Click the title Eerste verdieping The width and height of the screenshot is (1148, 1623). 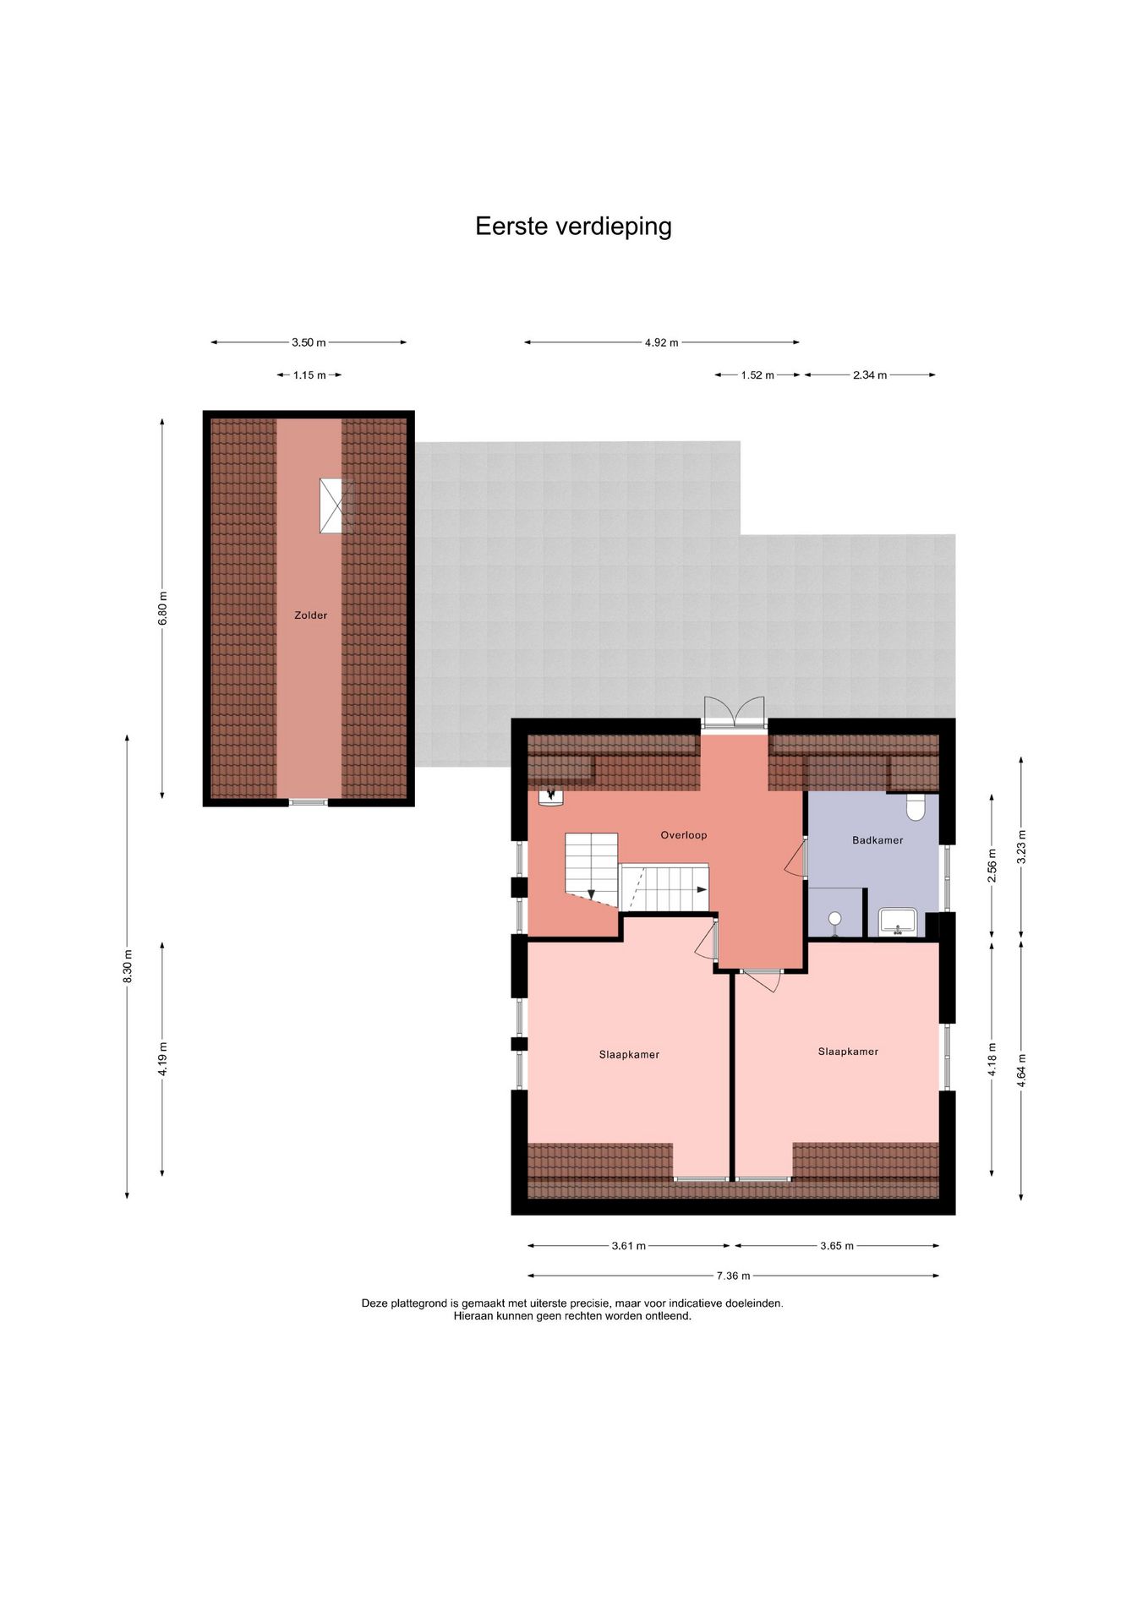coord(573,227)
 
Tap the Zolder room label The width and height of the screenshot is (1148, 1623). coord(310,615)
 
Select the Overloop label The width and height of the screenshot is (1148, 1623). coord(683,835)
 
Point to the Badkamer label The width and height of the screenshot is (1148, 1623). coord(877,840)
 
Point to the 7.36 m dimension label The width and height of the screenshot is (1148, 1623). coord(733,1276)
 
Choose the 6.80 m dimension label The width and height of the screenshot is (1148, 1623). coord(163,608)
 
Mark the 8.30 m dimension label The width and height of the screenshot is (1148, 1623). coord(128,966)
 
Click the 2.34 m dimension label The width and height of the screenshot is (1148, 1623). coord(870,375)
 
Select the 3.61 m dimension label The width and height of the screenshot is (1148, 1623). coord(629,1245)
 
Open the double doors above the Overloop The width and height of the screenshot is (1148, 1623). coord(734,712)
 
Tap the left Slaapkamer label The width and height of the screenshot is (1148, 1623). coord(629,1054)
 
